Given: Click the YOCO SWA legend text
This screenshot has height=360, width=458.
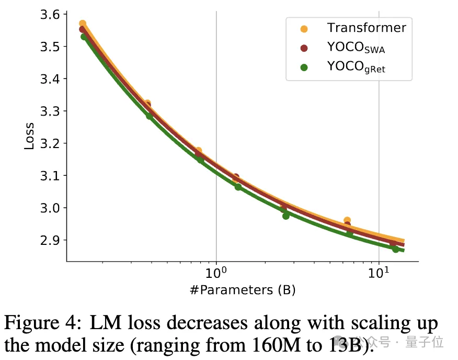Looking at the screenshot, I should (x=359, y=47).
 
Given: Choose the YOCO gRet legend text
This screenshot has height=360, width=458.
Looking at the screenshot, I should (x=356, y=66).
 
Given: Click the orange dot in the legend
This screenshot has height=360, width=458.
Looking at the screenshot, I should (x=304, y=28).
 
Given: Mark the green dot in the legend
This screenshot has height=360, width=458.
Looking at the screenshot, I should (x=304, y=66).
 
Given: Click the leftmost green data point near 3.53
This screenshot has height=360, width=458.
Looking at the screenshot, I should (x=84, y=37).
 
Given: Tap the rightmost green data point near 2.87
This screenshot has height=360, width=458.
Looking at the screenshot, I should (x=396, y=249).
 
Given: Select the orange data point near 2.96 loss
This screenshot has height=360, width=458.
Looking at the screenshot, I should (x=347, y=221).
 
